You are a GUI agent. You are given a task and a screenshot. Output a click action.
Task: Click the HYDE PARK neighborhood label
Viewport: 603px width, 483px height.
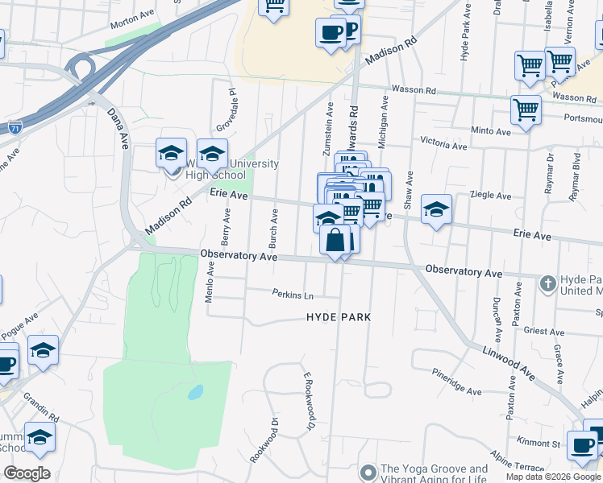tap(339, 317)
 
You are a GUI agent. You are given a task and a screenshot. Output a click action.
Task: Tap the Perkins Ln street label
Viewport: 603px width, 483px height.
tap(292, 294)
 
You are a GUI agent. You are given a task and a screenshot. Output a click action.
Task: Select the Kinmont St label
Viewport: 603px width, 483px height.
tap(539, 443)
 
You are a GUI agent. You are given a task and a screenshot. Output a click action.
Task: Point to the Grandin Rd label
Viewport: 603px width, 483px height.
tap(41, 407)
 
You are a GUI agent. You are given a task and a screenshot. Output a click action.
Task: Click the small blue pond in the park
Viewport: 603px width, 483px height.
tap(195, 394)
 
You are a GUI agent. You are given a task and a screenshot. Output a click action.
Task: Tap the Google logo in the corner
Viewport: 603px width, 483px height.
tap(27, 473)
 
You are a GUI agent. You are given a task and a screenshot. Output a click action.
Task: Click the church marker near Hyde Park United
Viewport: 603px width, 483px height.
tap(547, 283)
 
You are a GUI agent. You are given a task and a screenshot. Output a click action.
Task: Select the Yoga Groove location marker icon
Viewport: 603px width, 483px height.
tap(368, 471)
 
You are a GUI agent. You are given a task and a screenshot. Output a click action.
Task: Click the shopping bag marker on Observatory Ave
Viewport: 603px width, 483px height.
tap(335, 240)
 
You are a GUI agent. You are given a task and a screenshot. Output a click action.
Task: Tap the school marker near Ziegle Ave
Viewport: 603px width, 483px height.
tap(436, 210)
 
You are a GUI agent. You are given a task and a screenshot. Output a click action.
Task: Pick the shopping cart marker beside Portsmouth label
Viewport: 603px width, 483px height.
tap(526, 109)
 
